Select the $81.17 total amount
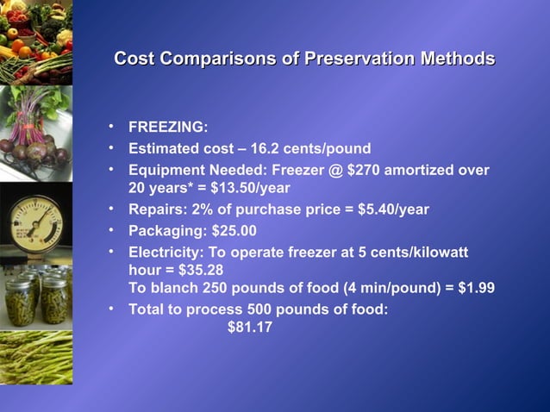click(250, 327)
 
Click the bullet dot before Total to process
click(112, 308)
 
